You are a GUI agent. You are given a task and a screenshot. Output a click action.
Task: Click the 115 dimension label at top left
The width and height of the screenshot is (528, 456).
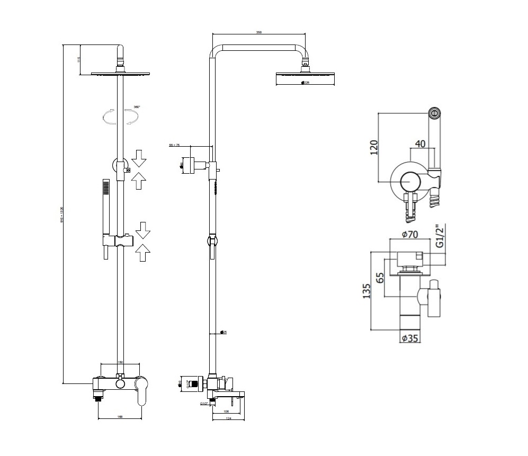click(78, 59)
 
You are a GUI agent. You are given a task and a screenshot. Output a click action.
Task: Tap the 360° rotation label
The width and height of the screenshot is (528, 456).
click(137, 108)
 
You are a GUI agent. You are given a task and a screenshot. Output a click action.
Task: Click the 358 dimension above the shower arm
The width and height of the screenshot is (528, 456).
click(258, 33)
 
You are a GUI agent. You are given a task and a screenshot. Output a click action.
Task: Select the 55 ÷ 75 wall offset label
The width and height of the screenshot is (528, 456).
click(174, 144)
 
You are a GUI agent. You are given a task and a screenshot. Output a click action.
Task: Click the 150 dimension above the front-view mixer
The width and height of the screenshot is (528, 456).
click(120, 362)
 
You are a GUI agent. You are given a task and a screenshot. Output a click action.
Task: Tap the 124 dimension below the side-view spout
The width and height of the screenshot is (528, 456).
click(228, 418)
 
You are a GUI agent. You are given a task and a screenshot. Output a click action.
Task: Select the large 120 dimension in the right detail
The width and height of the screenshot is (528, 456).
click(374, 147)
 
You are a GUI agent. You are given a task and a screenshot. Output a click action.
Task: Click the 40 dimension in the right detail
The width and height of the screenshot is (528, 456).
click(420, 144)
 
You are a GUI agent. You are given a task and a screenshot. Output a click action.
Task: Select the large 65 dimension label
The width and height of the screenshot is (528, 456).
click(380, 278)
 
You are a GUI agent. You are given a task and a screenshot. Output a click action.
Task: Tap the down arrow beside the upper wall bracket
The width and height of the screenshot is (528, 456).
click(139, 157)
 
